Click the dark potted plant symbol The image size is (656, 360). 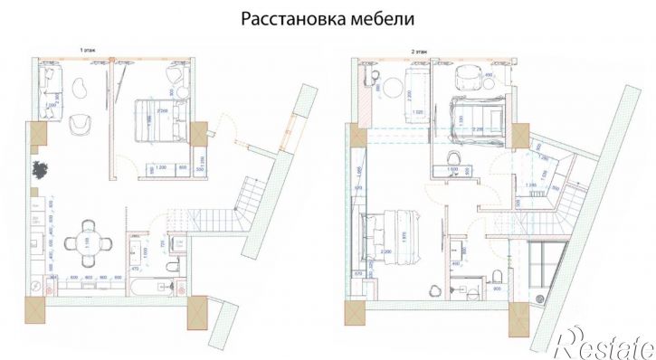tap(41, 169)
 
